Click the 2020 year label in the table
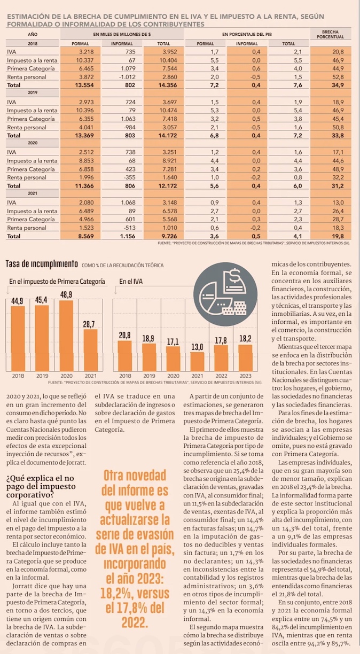point(32,143)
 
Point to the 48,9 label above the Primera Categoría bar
point(67,294)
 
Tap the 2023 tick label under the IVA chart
point(246,376)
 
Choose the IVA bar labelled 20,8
point(124,355)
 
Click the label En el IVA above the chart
point(130,281)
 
